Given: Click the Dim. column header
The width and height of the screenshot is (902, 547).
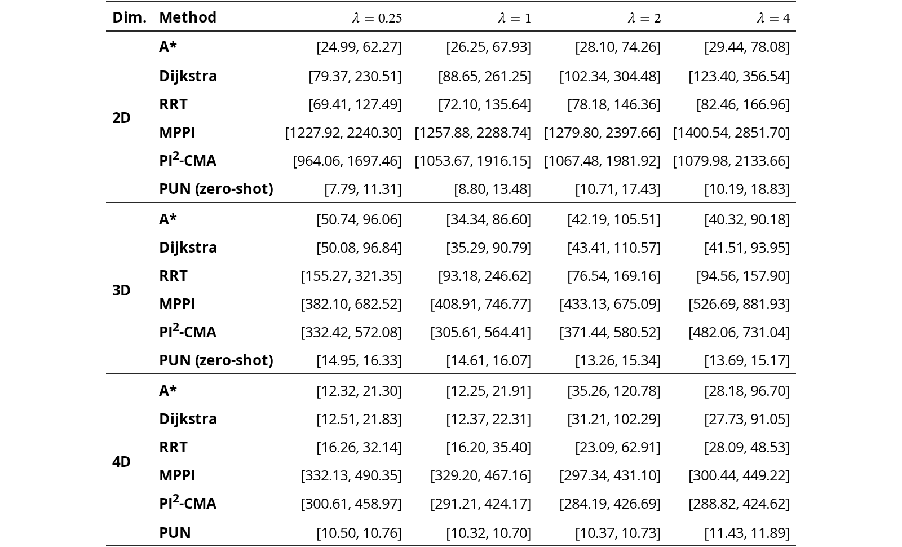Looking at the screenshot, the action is point(129,17).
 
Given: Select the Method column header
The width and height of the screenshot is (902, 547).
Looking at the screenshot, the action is point(188,17).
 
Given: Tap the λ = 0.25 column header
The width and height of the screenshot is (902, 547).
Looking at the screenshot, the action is point(377,18).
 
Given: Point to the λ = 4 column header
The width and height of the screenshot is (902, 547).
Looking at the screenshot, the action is point(773,18).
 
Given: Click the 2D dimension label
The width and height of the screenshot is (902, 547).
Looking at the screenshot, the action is point(121,118).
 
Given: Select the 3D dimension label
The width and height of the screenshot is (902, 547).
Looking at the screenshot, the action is point(121,290).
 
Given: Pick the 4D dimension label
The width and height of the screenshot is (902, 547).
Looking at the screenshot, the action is point(121,462).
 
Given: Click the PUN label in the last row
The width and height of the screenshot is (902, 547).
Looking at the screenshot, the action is point(175,532).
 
